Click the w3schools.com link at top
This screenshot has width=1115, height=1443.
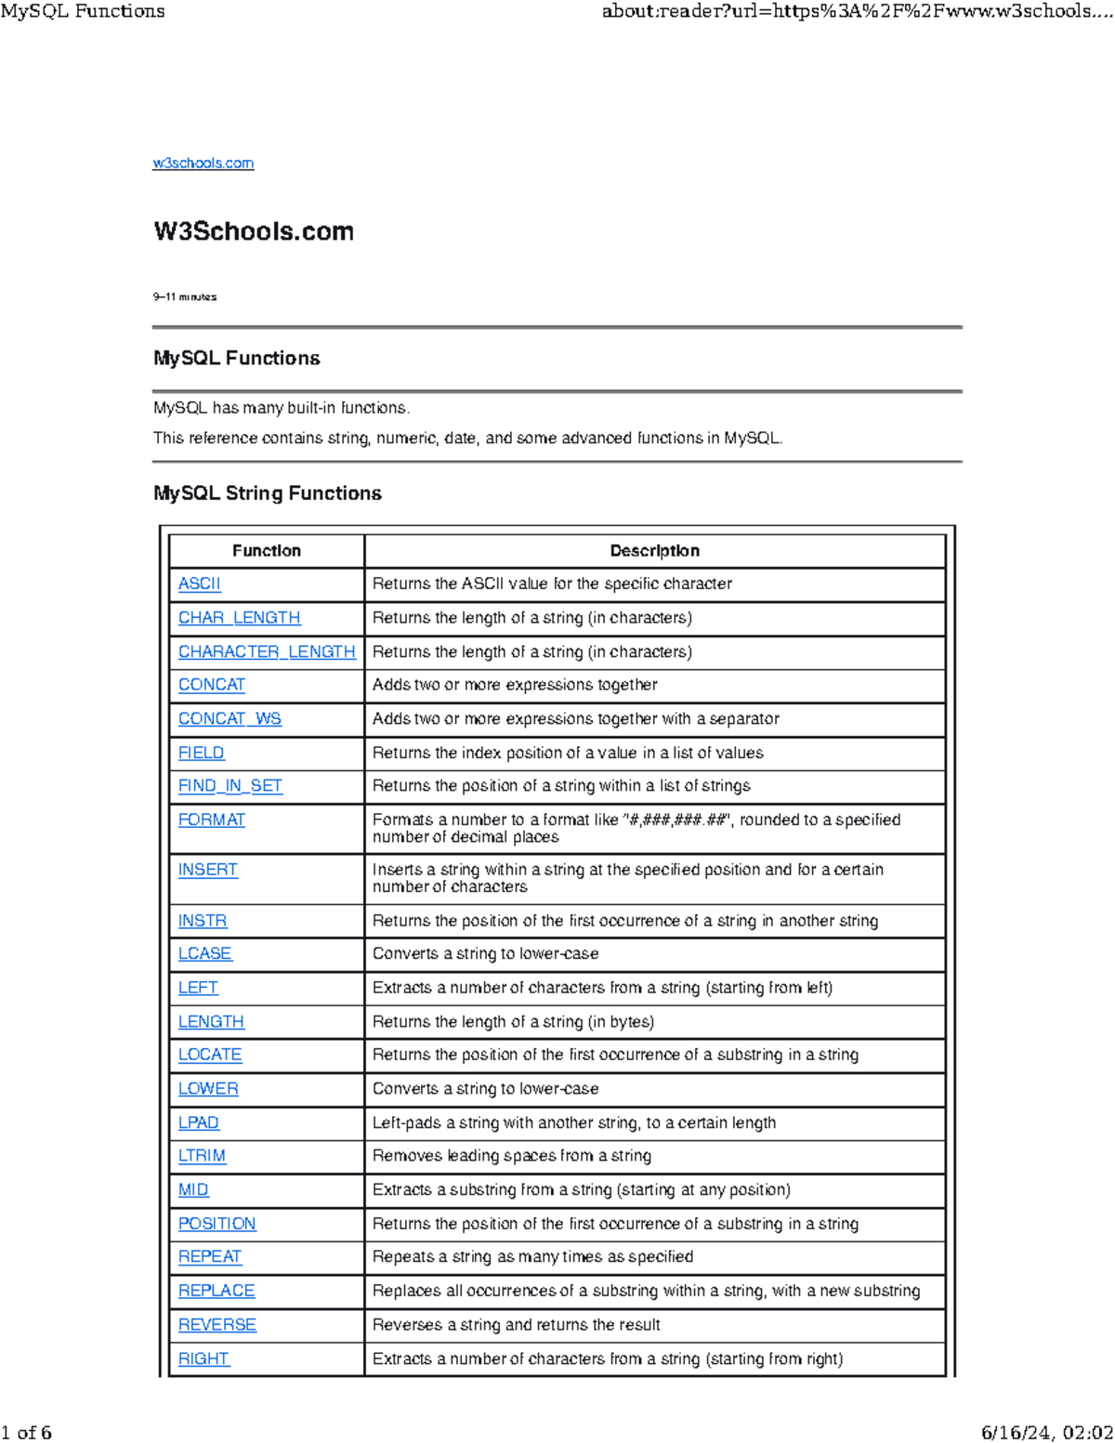tap(203, 164)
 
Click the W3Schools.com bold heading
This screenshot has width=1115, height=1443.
tap(254, 231)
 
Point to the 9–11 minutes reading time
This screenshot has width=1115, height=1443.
tap(185, 297)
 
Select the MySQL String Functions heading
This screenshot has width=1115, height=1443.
tap(268, 493)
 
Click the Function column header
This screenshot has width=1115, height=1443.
tap(267, 551)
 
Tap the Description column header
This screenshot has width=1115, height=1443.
tap(654, 551)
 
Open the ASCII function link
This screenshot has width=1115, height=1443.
tap(200, 584)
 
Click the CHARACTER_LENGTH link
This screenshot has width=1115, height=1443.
tap(267, 652)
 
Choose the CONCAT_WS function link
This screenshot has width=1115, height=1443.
tap(230, 719)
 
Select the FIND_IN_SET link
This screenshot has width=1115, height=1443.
tap(230, 786)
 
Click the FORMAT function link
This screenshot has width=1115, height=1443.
tap(212, 820)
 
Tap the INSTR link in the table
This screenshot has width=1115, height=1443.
tap(203, 921)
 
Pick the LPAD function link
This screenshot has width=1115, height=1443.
tap(199, 1123)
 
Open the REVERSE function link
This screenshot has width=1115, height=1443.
tap(217, 1325)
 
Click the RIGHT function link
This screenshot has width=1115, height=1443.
tap(203, 1359)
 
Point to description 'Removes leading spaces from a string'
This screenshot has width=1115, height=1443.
tap(512, 1156)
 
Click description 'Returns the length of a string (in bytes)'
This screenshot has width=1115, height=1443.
tap(513, 1022)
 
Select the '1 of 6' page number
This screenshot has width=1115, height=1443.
tap(27, 1432)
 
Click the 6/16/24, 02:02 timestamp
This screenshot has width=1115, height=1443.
tap(1047, 1432)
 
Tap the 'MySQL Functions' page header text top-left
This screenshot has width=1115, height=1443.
tap(83, 11)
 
